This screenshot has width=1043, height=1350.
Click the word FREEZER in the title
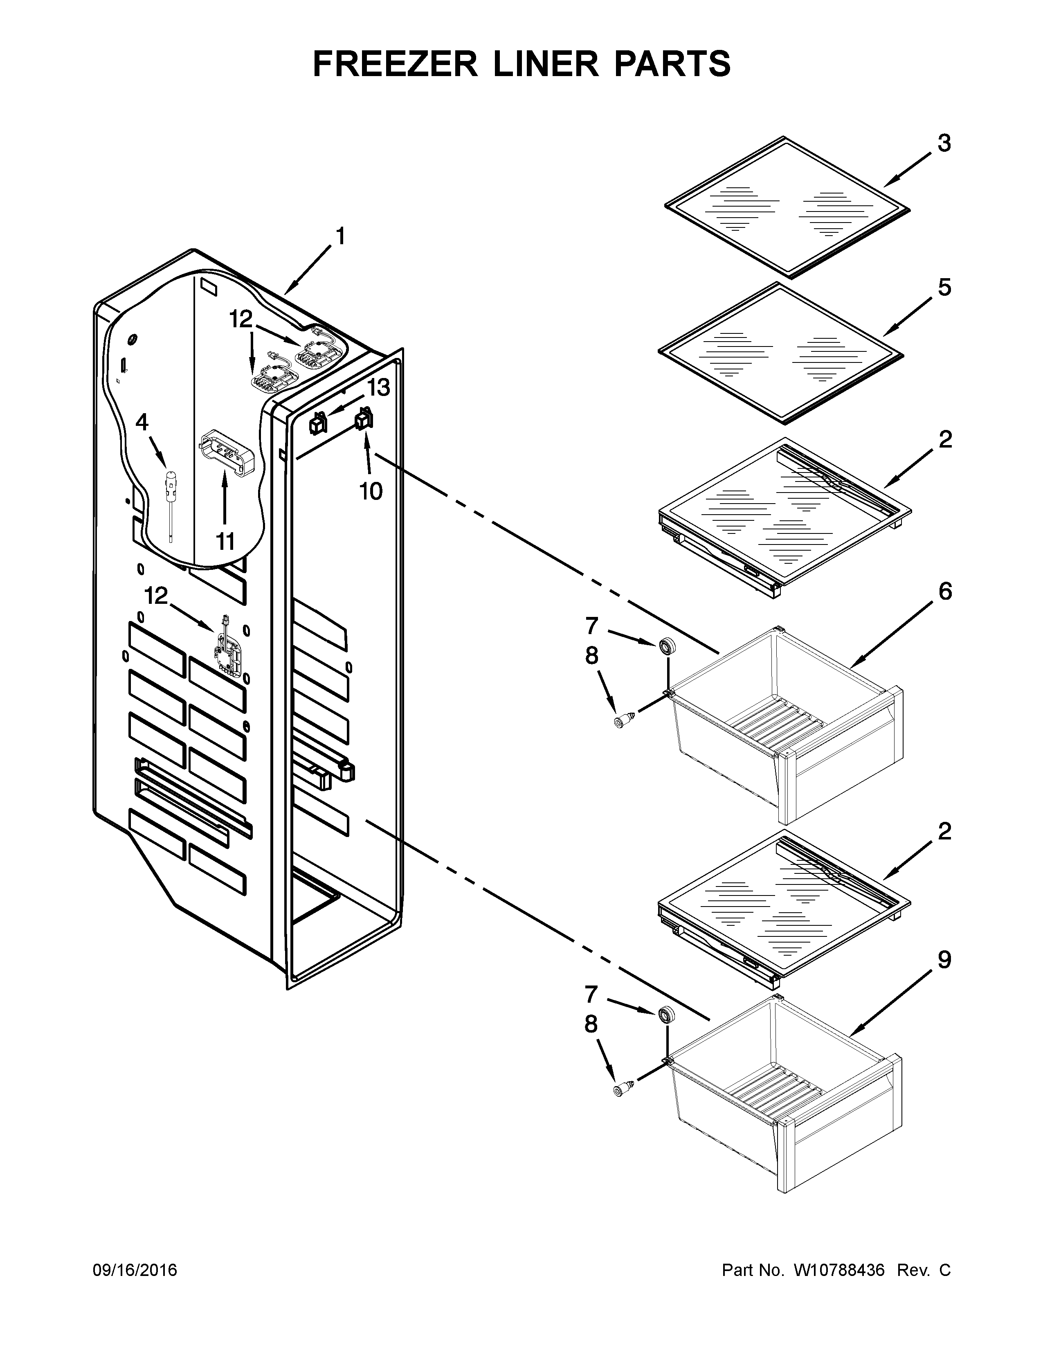coord(396,64)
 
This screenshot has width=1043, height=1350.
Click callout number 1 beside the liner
coord(340,237)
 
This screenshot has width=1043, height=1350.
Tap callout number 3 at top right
coord(944,144)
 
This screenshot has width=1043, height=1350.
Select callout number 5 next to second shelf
coord(944,288)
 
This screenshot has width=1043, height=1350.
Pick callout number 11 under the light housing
coord(225,542)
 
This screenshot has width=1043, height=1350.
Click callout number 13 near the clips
coord(379,388)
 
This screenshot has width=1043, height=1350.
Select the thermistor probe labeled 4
coord(169,495)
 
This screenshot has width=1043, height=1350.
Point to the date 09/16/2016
coord(135,1270)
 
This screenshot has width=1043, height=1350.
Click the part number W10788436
coord(838,1270)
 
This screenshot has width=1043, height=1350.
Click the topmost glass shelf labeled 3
coord(787,207)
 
